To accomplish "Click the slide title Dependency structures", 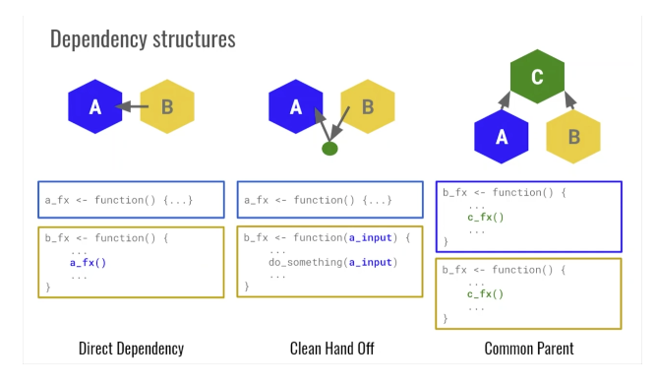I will click(142, 41).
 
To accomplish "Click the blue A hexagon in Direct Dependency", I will click(96, 106).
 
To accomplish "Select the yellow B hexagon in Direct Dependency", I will click(166, 106).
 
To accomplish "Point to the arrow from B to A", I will click(132, 106).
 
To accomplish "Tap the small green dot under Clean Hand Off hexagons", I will click(329, 149).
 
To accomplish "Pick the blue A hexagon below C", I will click(502, 137).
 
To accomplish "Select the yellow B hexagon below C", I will click(573, 137).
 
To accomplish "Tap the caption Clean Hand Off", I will click(331, 348).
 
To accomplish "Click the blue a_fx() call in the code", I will click(89, 264).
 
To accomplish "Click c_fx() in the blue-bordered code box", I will click(485, 218).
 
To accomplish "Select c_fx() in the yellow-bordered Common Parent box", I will click(485, 294).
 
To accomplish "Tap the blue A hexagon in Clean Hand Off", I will click(295, 106).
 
